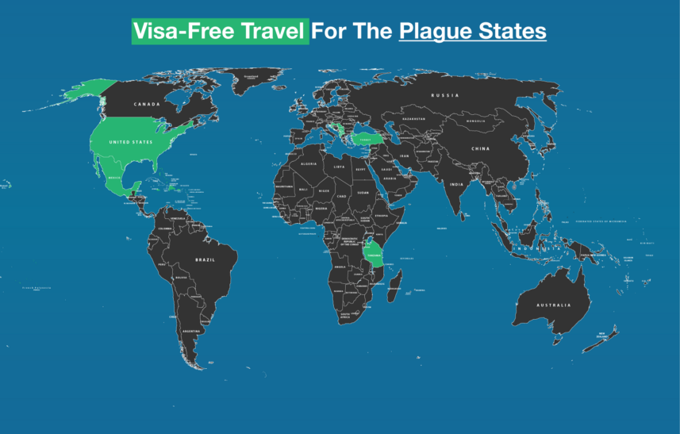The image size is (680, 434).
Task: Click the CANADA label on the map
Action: [x=147, y=104]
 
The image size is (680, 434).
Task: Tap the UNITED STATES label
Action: [x=131, y=142]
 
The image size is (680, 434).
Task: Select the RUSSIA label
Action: [x=445, y=95]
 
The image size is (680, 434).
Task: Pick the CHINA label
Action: [x=480, y=148]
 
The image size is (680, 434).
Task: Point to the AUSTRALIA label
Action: [x=553, y=305]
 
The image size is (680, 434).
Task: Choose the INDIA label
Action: [x=456, y=184]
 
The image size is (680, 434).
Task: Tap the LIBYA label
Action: [x=340, y=167]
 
